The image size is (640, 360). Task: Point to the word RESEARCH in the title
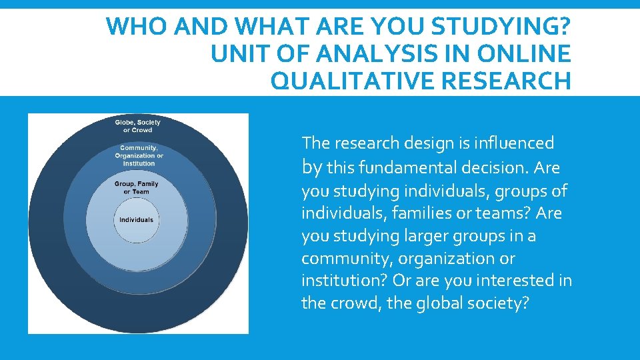(x=512, y=81)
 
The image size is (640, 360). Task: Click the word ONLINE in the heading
(x=523, y=54)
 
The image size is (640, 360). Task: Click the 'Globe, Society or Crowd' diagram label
(x=138, y=126)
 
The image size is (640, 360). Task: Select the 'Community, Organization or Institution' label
(x=139, y=156)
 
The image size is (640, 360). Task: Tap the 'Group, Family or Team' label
(x=137, y=188)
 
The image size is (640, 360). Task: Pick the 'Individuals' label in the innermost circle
(x=136, y=220)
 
